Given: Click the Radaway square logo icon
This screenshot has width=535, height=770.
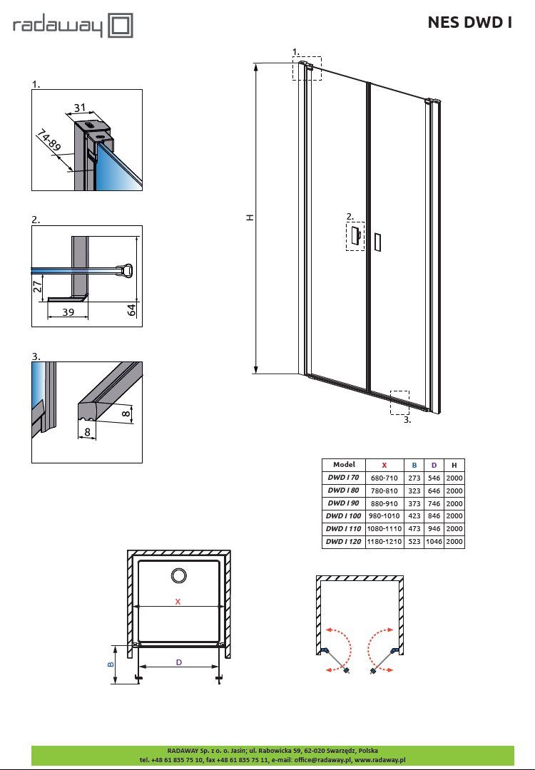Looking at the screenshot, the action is pyautogui.click(x=121, y=26).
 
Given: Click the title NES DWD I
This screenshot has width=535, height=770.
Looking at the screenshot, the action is pyautogui.click(x=469, y=23).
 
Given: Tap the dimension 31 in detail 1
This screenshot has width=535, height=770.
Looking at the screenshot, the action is pyautogui.click(x=80, y=108).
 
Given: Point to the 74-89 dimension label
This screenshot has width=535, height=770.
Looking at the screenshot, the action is pyautogui.click(x=48, y=140).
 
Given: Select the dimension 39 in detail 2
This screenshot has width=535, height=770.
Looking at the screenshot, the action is pyautogui.click(x=68, y=312).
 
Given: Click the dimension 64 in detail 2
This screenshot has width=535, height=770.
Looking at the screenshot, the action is pyautogui.click(x=132, y=310).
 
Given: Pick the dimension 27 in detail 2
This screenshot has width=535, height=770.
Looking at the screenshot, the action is pyautogui.click(x=38, y=287).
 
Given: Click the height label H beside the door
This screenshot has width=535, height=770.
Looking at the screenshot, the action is pyautogui.click(x=250, y=217).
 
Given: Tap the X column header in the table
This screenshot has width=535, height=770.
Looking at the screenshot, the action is pyautogui.click(x=384, y=465).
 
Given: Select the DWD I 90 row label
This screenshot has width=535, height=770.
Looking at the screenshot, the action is pyautogui.click(x=343, y=503).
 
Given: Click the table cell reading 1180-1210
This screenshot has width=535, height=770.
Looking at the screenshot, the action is pyautogui.click(x=384, y=541).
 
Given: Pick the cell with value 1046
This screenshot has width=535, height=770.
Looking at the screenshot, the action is pyautogui.click(x=434, y=541).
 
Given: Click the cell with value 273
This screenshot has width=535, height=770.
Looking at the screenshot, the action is pyautogui.click(x=414, y=477).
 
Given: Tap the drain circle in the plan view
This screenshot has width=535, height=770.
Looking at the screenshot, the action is pyautogui.click(x=178, y=575).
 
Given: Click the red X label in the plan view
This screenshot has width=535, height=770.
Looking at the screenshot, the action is pyautogui.click(x=178, y=602).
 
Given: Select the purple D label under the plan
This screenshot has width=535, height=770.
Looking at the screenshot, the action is pyautogui.click(x=179, y=662).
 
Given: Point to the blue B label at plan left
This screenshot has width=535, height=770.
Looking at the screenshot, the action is pyautogui.click(x=111, y=664).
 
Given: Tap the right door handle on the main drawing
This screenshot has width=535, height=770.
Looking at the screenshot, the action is pyautogui.click(x=377, y=242).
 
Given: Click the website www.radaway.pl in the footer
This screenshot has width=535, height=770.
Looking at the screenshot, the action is pyautogui.click(x=379, y=760).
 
